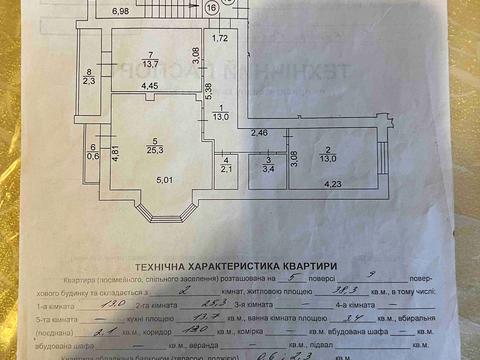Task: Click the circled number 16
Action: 211,7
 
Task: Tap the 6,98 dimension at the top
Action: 120,11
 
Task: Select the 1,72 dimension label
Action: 221,38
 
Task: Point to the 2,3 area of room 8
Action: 89,81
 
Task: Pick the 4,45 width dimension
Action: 149,86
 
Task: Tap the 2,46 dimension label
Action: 259,132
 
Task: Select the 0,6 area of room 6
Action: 93,154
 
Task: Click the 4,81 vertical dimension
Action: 114,153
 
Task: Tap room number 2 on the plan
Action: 327,148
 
